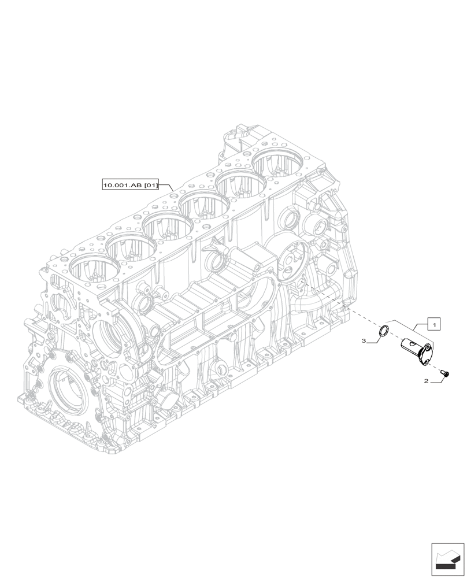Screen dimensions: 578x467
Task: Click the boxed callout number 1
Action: click(x=434, y=324)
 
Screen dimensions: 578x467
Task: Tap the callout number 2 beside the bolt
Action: click(x=426, y=381)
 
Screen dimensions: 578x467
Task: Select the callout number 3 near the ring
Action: click(x=364, y=342)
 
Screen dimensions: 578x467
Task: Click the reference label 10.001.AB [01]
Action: click(x=130, y=185)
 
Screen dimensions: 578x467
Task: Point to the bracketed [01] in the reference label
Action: click(x=150, y=185)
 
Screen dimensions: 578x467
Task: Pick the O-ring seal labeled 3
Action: click(x=383, y=331)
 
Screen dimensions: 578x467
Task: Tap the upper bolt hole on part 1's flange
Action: click(x=428, y=348)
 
